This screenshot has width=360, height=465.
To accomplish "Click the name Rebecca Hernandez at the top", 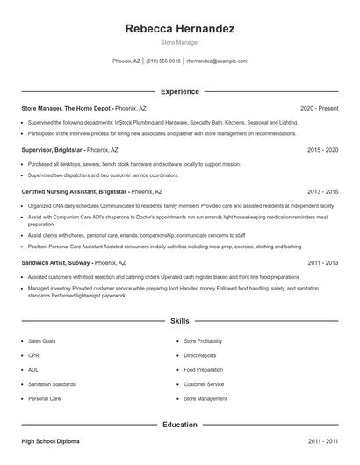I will point(180,29).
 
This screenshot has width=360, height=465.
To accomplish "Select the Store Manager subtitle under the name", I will point(180,42).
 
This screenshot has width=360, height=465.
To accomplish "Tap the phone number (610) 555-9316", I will point(163,61).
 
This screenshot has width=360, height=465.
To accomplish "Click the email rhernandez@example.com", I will point(217,61).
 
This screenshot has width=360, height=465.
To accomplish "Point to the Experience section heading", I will point(180,91).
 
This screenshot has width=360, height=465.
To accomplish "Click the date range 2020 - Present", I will point(319,108).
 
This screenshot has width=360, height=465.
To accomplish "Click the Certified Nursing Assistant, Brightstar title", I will point(75,191).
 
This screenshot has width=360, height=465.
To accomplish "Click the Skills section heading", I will point(180,322).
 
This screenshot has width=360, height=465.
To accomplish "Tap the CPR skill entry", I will point(34,355).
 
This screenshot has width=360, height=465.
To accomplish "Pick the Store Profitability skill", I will point(203,340).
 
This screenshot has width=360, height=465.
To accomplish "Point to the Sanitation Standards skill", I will point(52,384).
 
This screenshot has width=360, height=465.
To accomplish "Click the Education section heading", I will point(180,425).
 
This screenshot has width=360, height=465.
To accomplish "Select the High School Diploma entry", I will point(51,442).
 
